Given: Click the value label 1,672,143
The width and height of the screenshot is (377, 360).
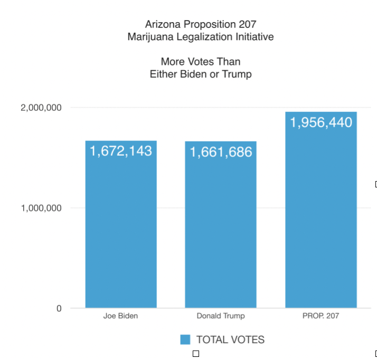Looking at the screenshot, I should (121, 151).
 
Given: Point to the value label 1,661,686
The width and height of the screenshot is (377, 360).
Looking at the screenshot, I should (221, 153).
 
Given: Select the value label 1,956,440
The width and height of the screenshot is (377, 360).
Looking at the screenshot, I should (321, 122).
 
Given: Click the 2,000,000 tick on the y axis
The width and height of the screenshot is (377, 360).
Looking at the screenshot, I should (41, 108).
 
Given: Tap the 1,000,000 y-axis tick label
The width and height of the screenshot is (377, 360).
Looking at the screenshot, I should (41, 208).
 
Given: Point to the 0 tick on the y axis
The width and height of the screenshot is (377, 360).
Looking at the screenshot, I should (59, 308).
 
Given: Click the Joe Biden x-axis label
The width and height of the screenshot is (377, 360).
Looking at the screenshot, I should (121, 317).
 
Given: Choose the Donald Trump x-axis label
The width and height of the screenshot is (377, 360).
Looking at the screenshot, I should (221, 317).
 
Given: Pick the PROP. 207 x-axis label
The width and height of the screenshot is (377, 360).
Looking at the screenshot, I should (321, 317).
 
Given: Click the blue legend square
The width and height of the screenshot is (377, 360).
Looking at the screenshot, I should (185, 339).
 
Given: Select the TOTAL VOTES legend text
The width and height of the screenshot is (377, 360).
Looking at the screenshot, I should (230, 339).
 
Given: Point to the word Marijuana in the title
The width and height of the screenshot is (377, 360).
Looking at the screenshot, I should (149, 37).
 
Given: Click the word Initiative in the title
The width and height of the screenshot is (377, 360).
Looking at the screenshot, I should (255, 37).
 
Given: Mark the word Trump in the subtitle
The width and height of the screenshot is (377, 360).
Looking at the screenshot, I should (239, 74).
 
